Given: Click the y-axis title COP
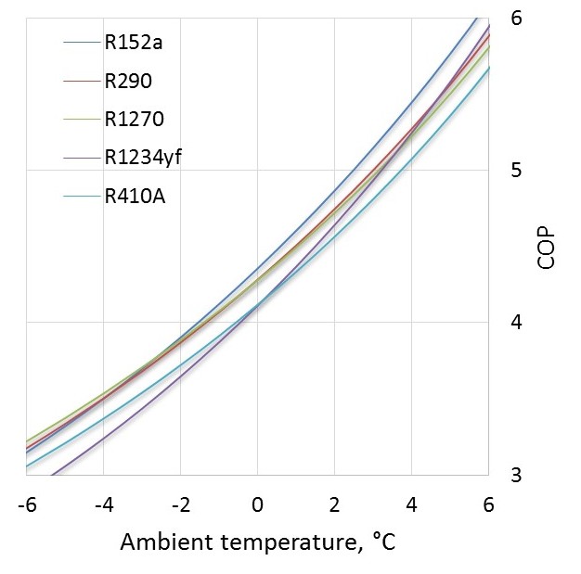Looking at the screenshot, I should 547,247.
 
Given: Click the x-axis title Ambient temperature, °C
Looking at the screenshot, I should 258,542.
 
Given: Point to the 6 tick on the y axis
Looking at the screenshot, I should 516,18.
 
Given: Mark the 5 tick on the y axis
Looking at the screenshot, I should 516,171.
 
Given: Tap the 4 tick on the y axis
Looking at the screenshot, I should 516,323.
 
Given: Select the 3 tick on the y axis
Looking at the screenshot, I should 516,475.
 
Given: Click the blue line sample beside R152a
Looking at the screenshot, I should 82,43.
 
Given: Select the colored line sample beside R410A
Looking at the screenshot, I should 82,196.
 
